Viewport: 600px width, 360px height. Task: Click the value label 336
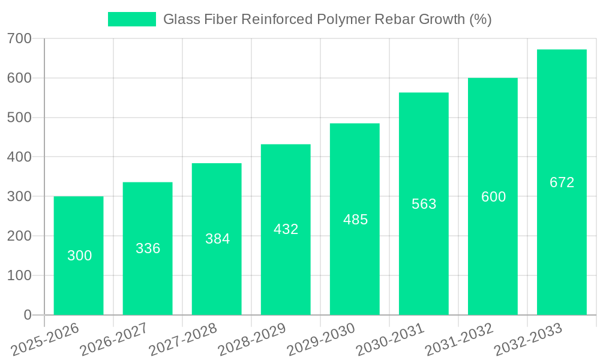pyautogui.click(x=148, y=248)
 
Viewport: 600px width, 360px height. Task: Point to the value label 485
pyautogui.click(x=355, y=220)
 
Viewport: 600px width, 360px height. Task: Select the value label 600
pyautogui.click(x=493, y=197)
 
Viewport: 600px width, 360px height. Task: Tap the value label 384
pyautogui.click(x=217, y=239)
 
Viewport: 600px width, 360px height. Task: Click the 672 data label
pyautogui.click(x=562, y=182)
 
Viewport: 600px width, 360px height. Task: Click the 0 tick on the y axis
pyautogui.click(x=28, y=315)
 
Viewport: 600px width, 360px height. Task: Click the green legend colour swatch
pyautogui.click(x=131, y=19)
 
